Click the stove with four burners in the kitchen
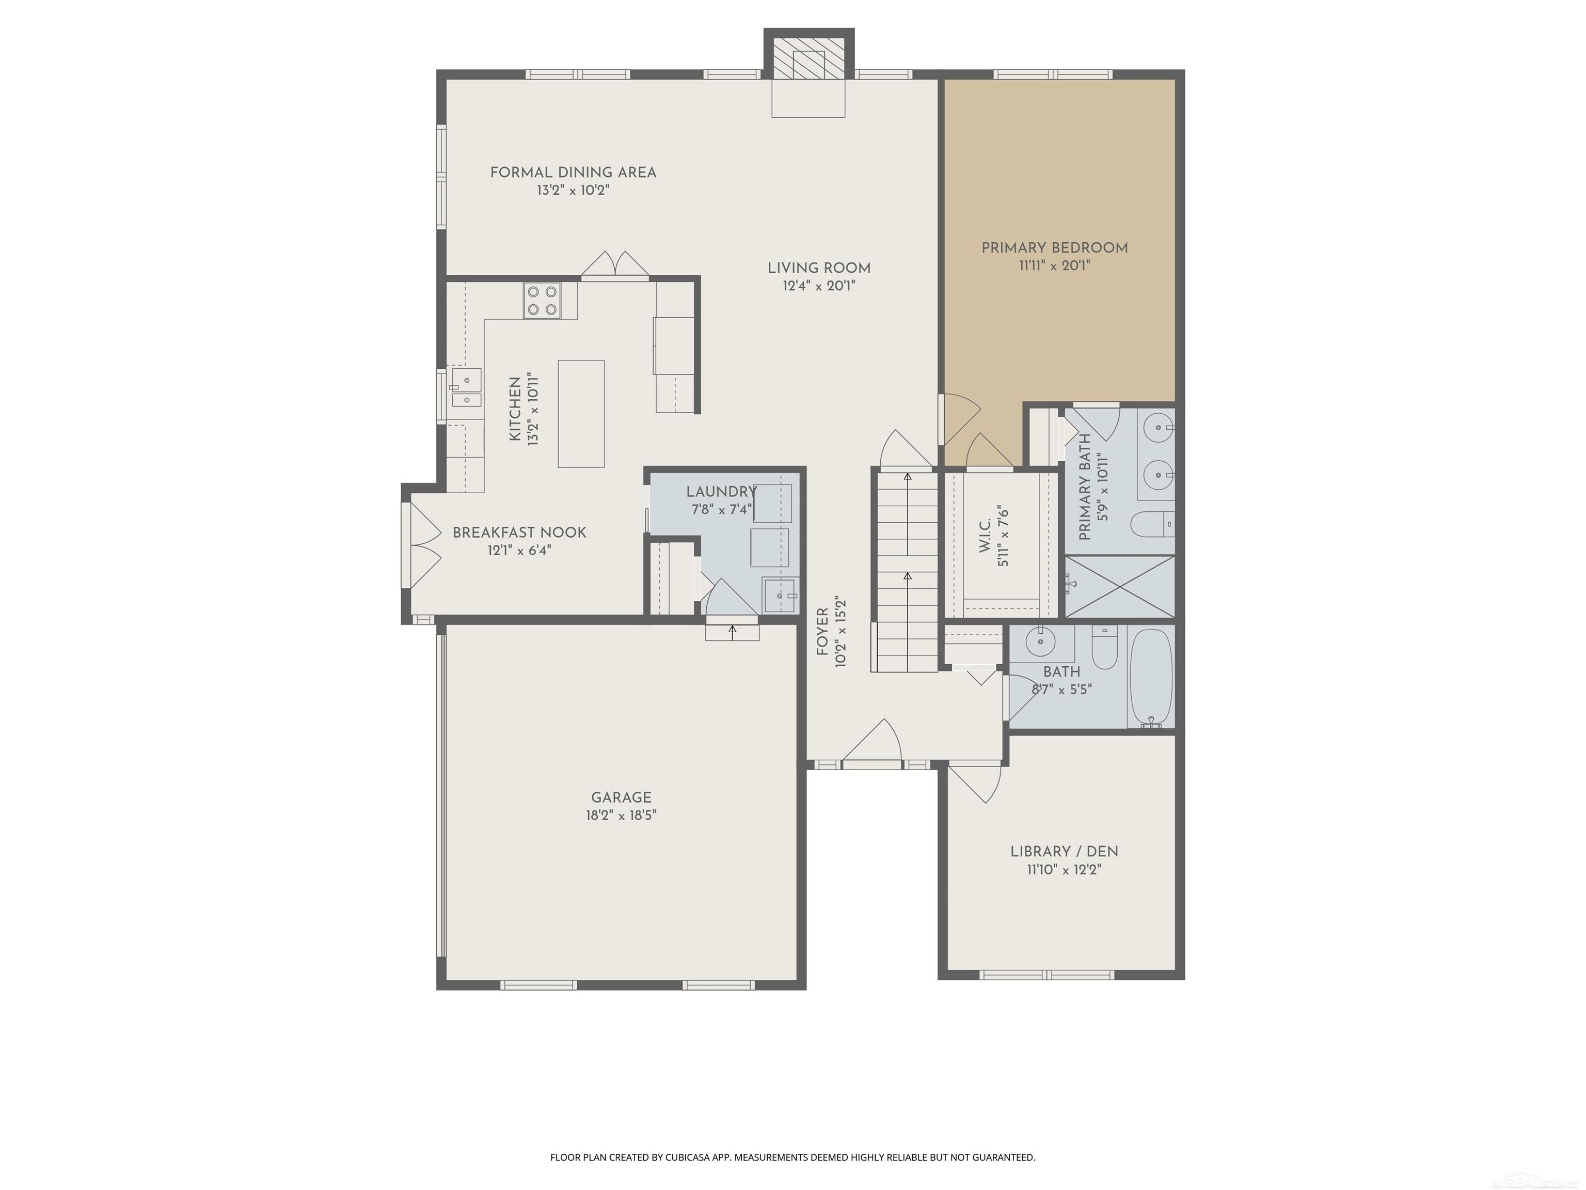(542, 301)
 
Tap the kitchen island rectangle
(581, 414)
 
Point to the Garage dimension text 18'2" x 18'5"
(621, 816)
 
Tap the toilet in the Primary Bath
(1151, 524)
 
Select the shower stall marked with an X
(1119, 586)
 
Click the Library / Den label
(1064, 851)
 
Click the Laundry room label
(721, 492)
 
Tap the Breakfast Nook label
(519, 532)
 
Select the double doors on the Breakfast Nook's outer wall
(423, 544)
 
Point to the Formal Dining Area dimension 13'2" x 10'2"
(573, 191)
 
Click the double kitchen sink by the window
(466, 389)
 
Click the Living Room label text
(819, 268)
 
